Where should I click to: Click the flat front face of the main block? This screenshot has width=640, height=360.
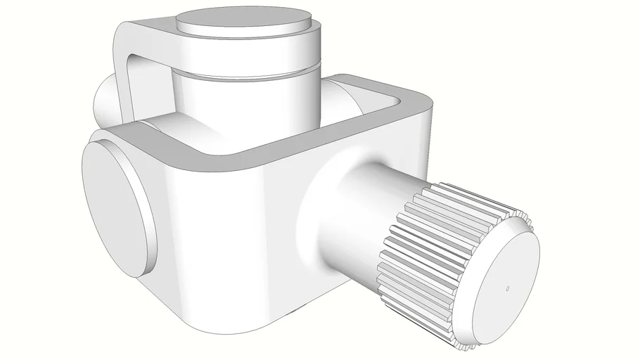coord(225,232)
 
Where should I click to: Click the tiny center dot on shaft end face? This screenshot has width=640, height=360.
coord(508,288)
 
